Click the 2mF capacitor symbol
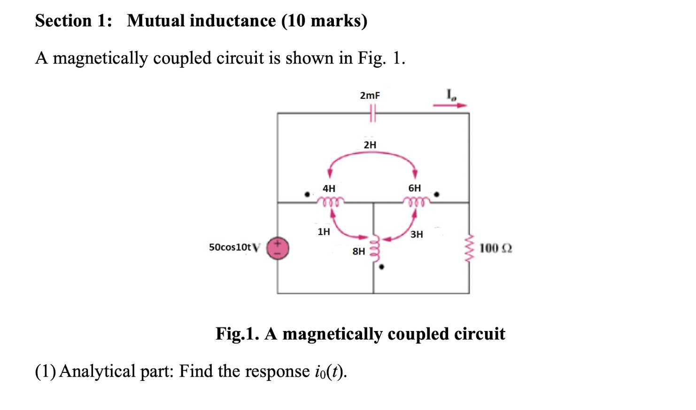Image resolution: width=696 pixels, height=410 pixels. [372, 113]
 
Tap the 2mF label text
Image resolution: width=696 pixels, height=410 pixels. [370, 95]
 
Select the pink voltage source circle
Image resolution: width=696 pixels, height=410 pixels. [278, 248]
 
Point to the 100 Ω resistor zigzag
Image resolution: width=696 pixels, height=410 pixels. [469, 248]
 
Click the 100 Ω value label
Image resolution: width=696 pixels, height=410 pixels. [495, 248]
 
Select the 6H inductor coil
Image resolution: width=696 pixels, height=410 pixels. [416, 202]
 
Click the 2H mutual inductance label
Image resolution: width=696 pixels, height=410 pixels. [370, 145]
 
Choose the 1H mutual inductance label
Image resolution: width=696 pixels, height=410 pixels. [324, 231]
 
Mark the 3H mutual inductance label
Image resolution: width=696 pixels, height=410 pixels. [416, 234]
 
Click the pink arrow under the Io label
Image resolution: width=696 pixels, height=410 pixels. [449, 105]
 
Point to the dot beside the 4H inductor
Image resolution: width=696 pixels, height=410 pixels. [307, 194]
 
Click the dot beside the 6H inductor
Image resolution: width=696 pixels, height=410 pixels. [437, 194]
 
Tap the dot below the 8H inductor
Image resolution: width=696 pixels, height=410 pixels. [381, 267]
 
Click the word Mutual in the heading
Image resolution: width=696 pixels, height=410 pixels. [155, 21]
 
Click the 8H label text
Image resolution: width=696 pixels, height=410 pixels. [358, 252]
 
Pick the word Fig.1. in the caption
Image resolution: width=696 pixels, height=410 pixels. [237, 334]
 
